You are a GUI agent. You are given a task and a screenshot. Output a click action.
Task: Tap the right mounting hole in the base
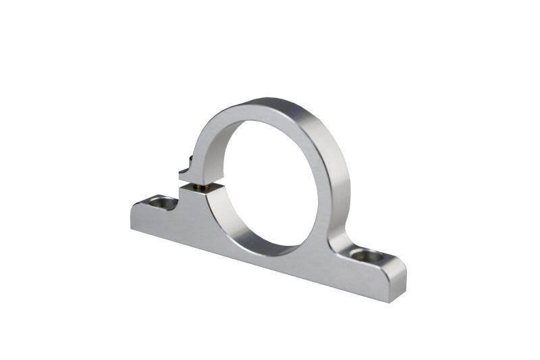click(365, 256)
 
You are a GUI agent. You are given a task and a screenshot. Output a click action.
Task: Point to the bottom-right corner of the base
click(387, 301)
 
